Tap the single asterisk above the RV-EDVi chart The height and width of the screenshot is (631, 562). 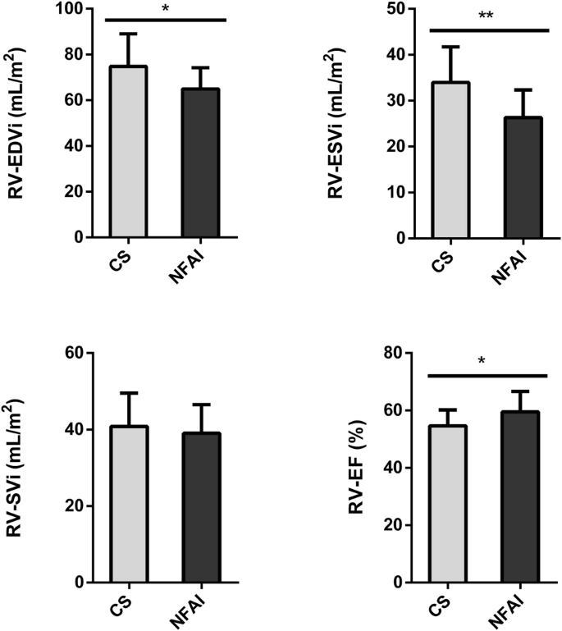165,9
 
